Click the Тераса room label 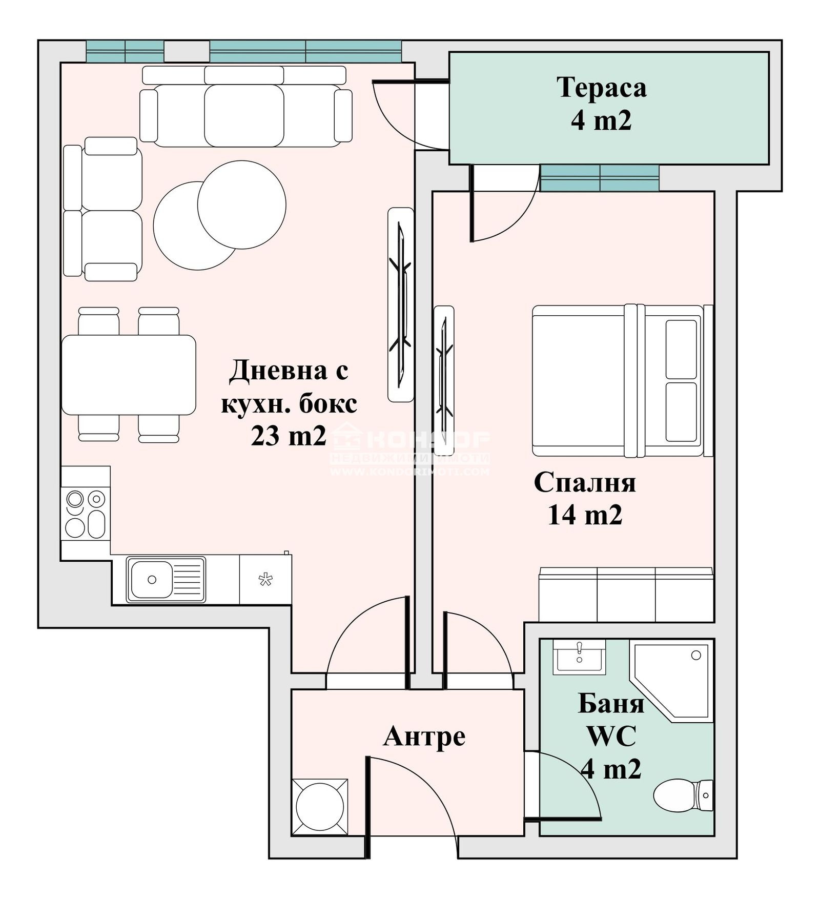601,87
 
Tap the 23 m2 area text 288,436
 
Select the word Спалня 585,483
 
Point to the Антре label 424,737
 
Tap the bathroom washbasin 579,657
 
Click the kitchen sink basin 151,579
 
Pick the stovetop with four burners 85,513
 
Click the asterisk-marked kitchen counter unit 265,580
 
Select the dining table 129,375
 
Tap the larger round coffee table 241,205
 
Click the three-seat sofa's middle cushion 244,115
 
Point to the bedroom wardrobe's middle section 626,595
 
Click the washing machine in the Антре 319,807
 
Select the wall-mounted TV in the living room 400,304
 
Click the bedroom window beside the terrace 599,178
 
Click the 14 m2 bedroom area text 585,515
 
